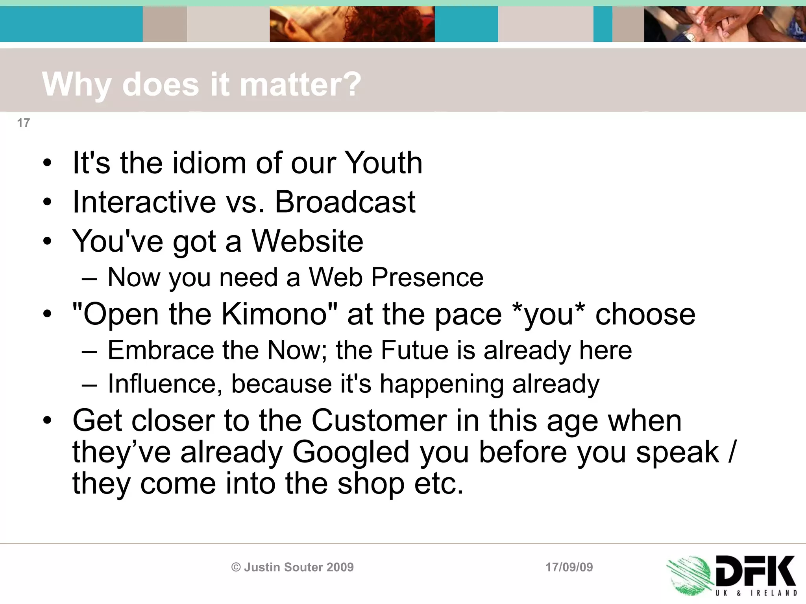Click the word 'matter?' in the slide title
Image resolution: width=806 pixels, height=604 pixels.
[300, 84]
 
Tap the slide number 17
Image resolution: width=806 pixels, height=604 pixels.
[23, 123]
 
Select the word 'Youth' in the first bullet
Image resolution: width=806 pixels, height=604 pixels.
[383, 163]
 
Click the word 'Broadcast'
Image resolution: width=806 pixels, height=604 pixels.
[345, 202]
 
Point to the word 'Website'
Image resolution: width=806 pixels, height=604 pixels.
[307, 241]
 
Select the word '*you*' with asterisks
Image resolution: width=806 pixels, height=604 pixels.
[549, 314]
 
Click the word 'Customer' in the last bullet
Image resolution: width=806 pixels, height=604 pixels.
[379, 421]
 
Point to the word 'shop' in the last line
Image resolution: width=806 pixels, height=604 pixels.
[371, 484]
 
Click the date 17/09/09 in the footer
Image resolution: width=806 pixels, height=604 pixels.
[569, 567]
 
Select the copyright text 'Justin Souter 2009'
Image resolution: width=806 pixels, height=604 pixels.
[298, 567]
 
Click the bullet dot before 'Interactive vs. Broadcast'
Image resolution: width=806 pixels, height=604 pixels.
[48, 203]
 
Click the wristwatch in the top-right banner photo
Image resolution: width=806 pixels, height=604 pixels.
[689, 37]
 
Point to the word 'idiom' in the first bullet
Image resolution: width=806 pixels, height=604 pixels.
[209, 163]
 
